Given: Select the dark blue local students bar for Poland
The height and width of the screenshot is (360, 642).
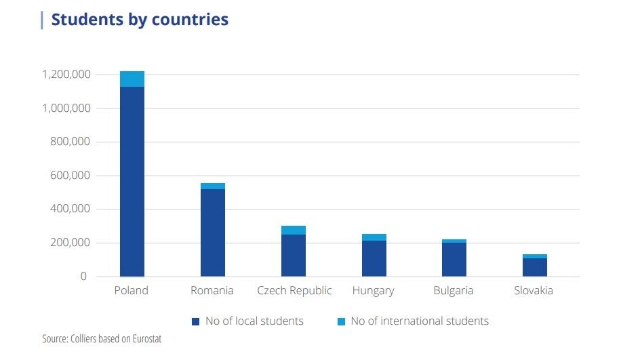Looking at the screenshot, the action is coord(132,182).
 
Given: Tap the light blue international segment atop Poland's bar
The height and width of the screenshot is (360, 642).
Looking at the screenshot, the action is coord(132,79).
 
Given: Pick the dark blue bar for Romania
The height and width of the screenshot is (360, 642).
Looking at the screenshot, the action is coord(212,233).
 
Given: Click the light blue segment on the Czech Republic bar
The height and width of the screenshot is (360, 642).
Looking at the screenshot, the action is coord(293,231).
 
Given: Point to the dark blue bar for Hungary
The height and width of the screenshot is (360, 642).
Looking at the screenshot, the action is coord(374,258).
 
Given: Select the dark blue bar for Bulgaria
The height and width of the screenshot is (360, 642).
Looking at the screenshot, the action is coord(454,260).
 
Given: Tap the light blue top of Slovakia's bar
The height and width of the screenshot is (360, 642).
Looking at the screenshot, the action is coord(535,256).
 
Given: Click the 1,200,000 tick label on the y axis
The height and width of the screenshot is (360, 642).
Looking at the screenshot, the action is coord(66,75).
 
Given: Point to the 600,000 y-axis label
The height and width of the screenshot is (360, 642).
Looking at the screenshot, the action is coord(70,176).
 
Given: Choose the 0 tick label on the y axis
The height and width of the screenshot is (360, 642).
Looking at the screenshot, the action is coord(83,277).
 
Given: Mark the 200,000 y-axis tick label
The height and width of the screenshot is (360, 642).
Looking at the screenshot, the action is coord(70,243).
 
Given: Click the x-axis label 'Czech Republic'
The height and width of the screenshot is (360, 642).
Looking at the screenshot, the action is coord(294,291).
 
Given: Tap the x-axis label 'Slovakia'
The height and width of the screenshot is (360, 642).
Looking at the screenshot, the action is coord(534,290).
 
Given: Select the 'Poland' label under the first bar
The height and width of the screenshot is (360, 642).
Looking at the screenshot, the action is coord(131,290).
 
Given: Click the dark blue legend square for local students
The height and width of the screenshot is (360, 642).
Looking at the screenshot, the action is coord(196,321).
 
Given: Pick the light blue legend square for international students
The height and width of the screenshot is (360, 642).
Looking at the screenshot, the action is coord(341,321).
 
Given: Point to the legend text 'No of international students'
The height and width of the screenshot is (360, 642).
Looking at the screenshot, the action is coord(420,321).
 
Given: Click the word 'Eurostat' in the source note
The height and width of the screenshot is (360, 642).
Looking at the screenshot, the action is coord(147,339).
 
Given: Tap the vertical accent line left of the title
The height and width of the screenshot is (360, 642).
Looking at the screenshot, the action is coord(42,20).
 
